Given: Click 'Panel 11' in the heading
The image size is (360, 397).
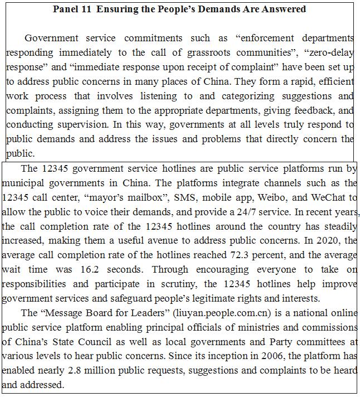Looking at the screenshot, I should pyautogui.click(x=72, y=9).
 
